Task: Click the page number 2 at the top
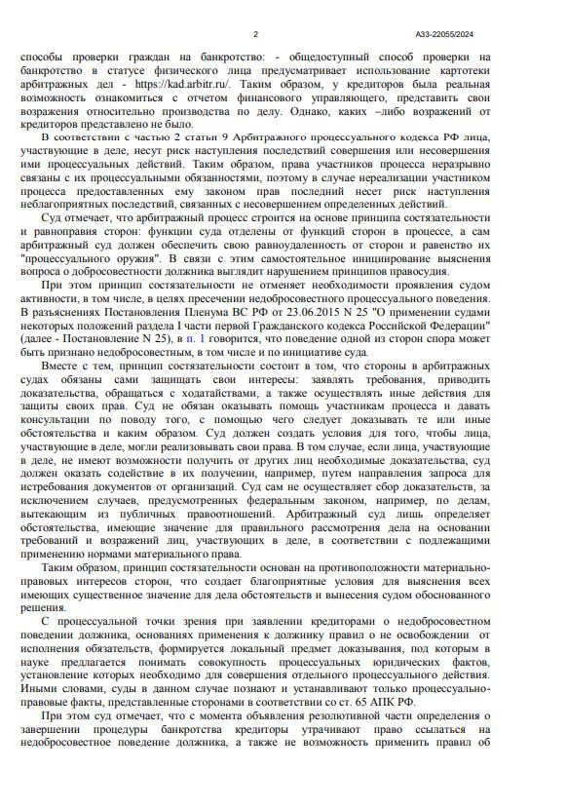255,34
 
